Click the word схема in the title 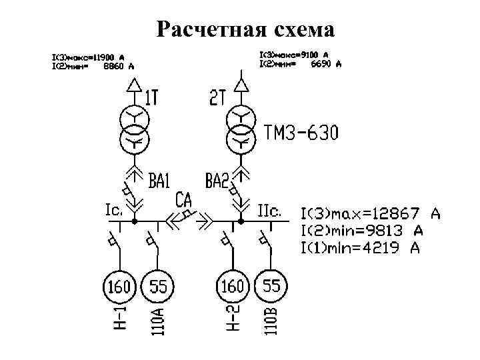coord(299,29)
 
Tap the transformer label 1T coord(151,99)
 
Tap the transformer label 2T coord(218,99)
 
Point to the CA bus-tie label coord(185,199)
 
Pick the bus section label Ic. coord(113,210)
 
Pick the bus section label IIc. coord(271,210)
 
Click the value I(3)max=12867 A coord(371,215)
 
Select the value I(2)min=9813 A coord(362,231)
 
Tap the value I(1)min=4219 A coord(361,249)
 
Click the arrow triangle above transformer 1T coord(135,85)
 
